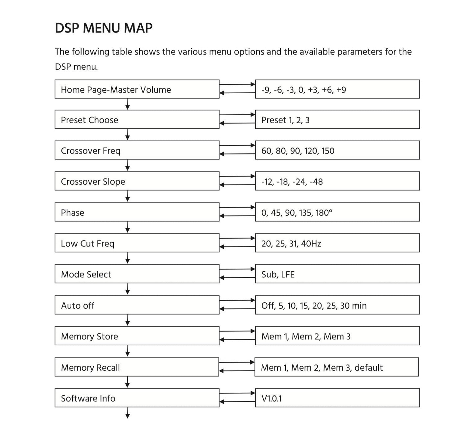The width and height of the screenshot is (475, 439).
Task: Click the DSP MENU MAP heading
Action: tap(104, 28)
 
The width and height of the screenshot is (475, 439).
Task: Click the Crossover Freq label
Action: tap(91, 151)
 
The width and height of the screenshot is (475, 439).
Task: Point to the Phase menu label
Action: tap(72, 213)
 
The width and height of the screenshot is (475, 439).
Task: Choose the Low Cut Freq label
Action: tap(87, 243)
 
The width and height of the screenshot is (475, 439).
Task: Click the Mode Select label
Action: tap(86, 274)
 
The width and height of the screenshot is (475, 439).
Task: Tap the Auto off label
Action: tap(78, 306)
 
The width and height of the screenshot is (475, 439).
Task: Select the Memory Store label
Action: tap(89, 336)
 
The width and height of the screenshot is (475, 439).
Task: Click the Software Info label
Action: tap(88, 398)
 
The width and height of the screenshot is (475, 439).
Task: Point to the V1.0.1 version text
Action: tap(272, 399)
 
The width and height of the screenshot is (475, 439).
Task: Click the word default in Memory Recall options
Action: tap(368, 367)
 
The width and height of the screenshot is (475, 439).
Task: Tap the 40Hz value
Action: tap(311, 243)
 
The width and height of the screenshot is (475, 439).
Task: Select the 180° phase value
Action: tap(324, 213)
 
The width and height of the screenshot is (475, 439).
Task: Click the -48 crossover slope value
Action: tap(316, 182)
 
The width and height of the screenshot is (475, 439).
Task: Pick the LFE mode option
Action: tap(288, 274)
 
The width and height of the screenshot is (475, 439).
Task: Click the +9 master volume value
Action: tap(341, 90)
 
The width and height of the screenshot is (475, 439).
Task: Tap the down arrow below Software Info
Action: tap(128, 413)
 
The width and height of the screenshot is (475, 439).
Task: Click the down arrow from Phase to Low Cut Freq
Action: tap(128, 227)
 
